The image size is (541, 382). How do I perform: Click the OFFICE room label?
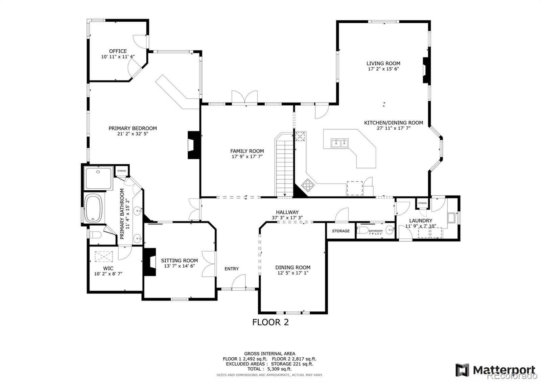[x=118, y=51]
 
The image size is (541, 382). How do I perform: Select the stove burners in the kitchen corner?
[x=308, y=185]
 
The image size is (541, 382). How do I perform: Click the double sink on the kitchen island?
[x=339, y=143]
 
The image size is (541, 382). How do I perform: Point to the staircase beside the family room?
[x=284, y=166]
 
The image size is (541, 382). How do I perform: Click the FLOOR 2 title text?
[x=270, y=322]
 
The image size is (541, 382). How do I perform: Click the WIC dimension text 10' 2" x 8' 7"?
[x=108, y=274]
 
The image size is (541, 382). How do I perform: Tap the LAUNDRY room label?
[x=421, y=220]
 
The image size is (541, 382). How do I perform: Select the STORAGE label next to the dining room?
[x=340, y=231]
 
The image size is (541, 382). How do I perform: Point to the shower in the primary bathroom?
[x=98, y=178]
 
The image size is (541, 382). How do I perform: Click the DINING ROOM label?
[x=292, y=267]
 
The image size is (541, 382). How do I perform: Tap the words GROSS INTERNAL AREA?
[x=269, y=354]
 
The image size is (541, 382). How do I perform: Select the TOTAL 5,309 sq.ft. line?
[x=269, y=369]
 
